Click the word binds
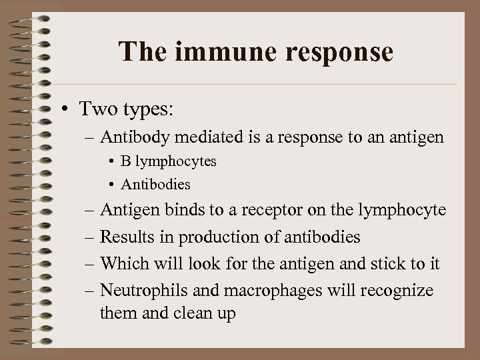tap(180, 211)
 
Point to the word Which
tap(122, 264)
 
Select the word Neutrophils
tap(137, 291)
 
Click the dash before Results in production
tap(90, 238)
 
